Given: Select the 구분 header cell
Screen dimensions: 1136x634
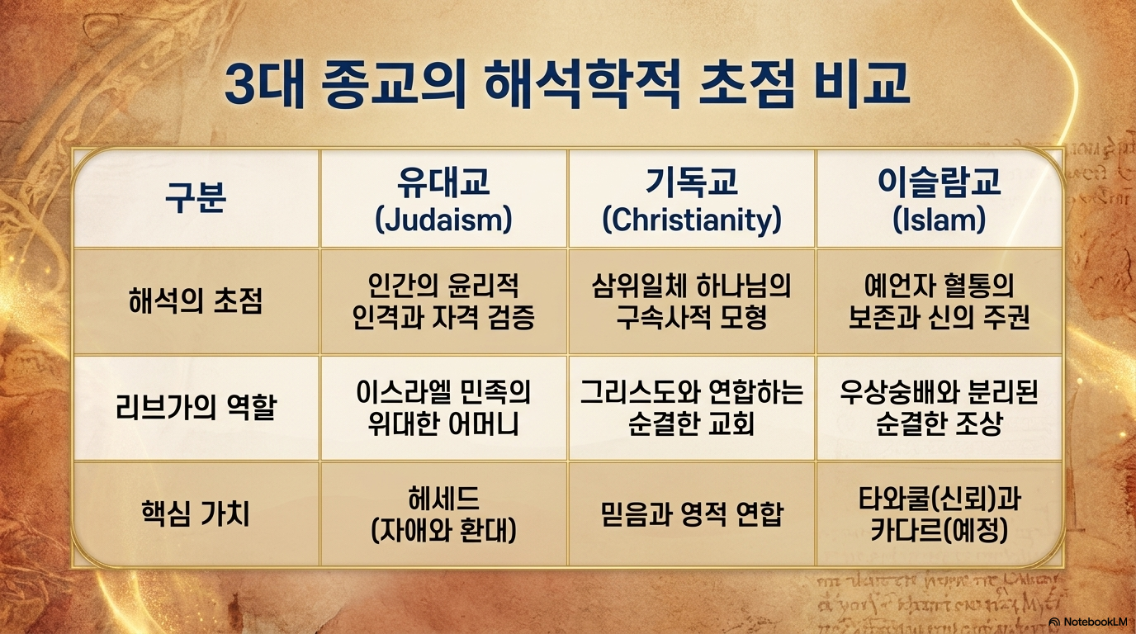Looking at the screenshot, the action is (196, 198).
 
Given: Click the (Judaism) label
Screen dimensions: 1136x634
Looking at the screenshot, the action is (444, 220).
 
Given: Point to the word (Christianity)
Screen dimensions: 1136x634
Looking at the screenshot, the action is (692, 220).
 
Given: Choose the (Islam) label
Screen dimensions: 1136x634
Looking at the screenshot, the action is (940, 220).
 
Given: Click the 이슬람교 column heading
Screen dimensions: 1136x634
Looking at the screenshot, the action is (940, 181).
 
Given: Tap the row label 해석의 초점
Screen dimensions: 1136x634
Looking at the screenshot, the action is (196, 301).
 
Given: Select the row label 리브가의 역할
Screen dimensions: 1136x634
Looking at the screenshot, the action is (196, 407).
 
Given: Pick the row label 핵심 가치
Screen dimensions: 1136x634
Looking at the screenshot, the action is (196, 513).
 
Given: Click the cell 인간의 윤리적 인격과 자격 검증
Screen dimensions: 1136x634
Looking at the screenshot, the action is (444, 301).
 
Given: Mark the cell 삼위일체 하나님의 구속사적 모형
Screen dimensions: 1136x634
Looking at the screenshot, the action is (692, 301).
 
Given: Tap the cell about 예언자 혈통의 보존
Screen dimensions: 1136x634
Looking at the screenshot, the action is (940, 301).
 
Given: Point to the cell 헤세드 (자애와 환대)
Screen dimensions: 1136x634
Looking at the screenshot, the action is (444, 513).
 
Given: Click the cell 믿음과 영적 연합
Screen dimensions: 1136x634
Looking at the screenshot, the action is (692, 513).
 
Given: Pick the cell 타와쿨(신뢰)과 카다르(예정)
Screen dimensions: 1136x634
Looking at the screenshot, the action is (940, 513).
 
